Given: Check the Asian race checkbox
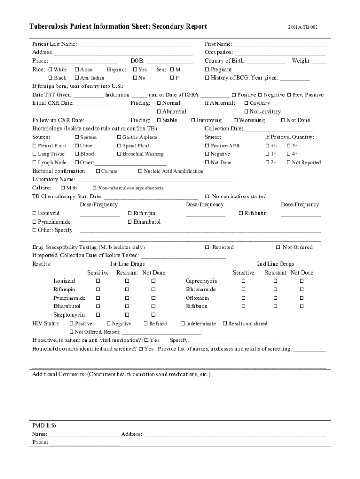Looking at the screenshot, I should [x=77, y=70].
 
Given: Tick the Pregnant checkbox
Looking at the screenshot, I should [x=207, y=70].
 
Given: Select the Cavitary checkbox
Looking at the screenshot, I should [x=246, y=103].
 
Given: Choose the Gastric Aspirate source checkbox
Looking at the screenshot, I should [x=119, y=138].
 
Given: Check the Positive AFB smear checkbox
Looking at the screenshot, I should [x=207, y=146].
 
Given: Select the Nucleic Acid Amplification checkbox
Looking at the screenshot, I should [x=140, y=172].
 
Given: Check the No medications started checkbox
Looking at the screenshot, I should [x=207, y=197].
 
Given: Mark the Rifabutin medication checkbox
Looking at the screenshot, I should [x=241, y=214].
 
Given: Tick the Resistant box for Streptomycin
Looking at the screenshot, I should [x=127, y=315].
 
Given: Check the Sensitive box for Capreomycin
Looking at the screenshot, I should [x=243, y=281].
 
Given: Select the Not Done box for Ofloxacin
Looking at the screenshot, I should [x=302, y=298].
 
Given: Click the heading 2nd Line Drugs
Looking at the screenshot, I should [x=275, y=264].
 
